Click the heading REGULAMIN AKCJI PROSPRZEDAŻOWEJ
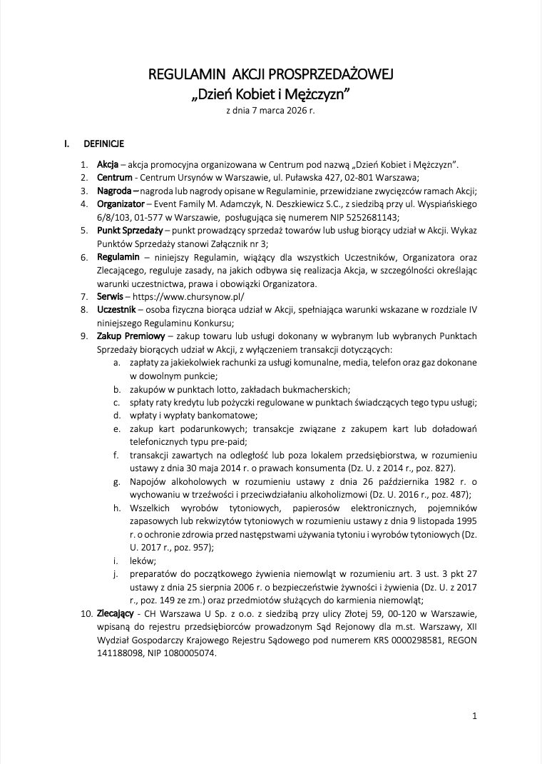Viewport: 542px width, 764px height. point(270,75)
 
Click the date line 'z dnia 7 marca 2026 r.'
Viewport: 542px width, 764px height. point(270,111)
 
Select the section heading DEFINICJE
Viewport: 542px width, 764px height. point(104,144)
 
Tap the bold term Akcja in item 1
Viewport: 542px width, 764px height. point(108,164)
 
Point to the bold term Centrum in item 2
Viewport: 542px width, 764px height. point(115,177)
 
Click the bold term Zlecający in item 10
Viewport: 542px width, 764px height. point(116,613)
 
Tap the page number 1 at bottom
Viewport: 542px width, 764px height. point(475,715)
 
